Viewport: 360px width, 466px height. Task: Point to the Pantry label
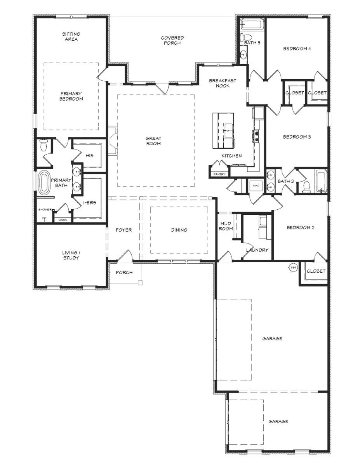(219, 174)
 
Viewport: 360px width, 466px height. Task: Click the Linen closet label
(63, 220)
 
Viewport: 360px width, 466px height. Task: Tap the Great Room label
(153, 141)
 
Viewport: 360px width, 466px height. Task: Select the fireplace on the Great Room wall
(113, 141)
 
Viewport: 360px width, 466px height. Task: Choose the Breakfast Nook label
(223, 83)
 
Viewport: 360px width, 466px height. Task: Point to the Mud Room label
(226, 226)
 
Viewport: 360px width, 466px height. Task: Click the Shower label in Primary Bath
(45, 210)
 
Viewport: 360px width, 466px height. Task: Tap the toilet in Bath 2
(307, 187)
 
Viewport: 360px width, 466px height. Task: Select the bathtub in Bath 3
(251, 24)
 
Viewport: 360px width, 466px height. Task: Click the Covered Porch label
(172, 40)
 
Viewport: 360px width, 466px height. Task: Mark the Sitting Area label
(71, 37)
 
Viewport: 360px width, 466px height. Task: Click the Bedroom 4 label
(297, 49)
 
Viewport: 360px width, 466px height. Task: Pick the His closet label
(90, 155)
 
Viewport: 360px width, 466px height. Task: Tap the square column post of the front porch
(140, 282)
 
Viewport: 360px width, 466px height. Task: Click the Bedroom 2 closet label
(316, 271)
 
